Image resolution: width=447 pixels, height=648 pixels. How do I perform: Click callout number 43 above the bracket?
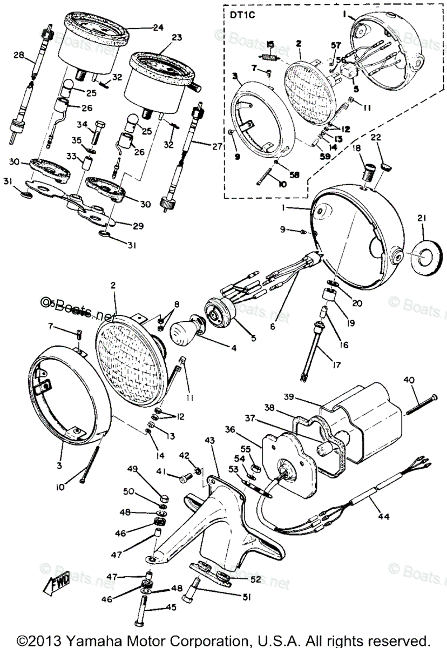pyautogui.click(x=209, y=441)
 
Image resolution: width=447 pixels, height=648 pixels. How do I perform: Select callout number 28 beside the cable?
pyautogui.click(x=18, y=56)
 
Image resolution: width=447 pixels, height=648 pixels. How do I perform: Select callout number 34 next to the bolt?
pyautogui.click(x=82, y=125)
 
